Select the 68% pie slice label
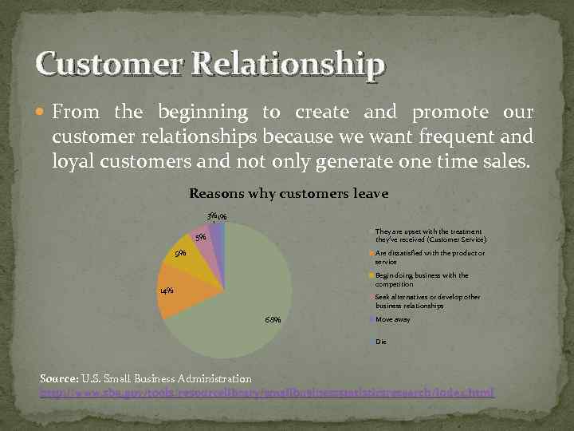(x=272, y=321)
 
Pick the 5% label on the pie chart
(x=200, y=236)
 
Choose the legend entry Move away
(x=392, y=319)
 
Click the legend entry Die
(x=380, y=342)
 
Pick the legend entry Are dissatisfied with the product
(x=429, y=257)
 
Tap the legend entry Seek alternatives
(x=427, y=301)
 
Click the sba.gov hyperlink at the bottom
(x=267, y=393)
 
